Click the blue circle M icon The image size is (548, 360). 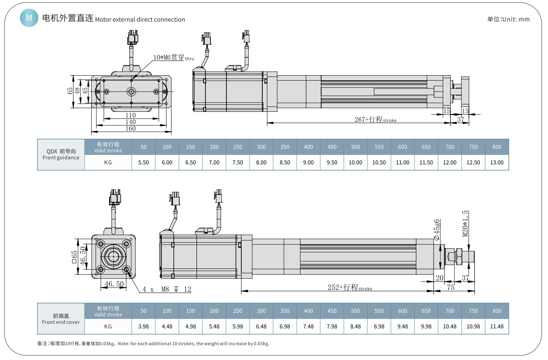click(x=29, y=18)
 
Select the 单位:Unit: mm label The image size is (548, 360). click(x=508, y=19)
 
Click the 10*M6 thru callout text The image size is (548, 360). click(x=173, y=58)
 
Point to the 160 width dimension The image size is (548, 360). click(x=131, y=129)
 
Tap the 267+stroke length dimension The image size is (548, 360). click(x=375, y=120)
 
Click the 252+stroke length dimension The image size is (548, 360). click(x=349, y=288)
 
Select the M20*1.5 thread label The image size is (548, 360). click(x=465, y=224)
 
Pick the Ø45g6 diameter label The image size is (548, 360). click(x=437, y=229)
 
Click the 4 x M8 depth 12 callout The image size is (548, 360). click(x=166, y=289)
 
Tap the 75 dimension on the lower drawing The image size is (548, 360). click(x=451, y=288)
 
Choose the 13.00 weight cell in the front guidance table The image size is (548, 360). click(x=497, y=162)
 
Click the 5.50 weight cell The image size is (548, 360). click(x=143, y=162)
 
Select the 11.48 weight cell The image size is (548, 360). click(x=497, y=326)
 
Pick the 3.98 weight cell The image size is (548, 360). click(x=143, y=326)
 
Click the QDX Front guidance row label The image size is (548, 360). click(x=61, y=155)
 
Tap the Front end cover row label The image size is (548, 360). click(x=61, y=319)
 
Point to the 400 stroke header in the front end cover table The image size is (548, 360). click(x=308, y=311)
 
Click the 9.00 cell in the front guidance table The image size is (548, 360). click(x=308, y=162)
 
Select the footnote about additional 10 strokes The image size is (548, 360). click(x=153, y=344)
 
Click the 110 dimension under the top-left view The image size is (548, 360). click(x=131, y=115)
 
